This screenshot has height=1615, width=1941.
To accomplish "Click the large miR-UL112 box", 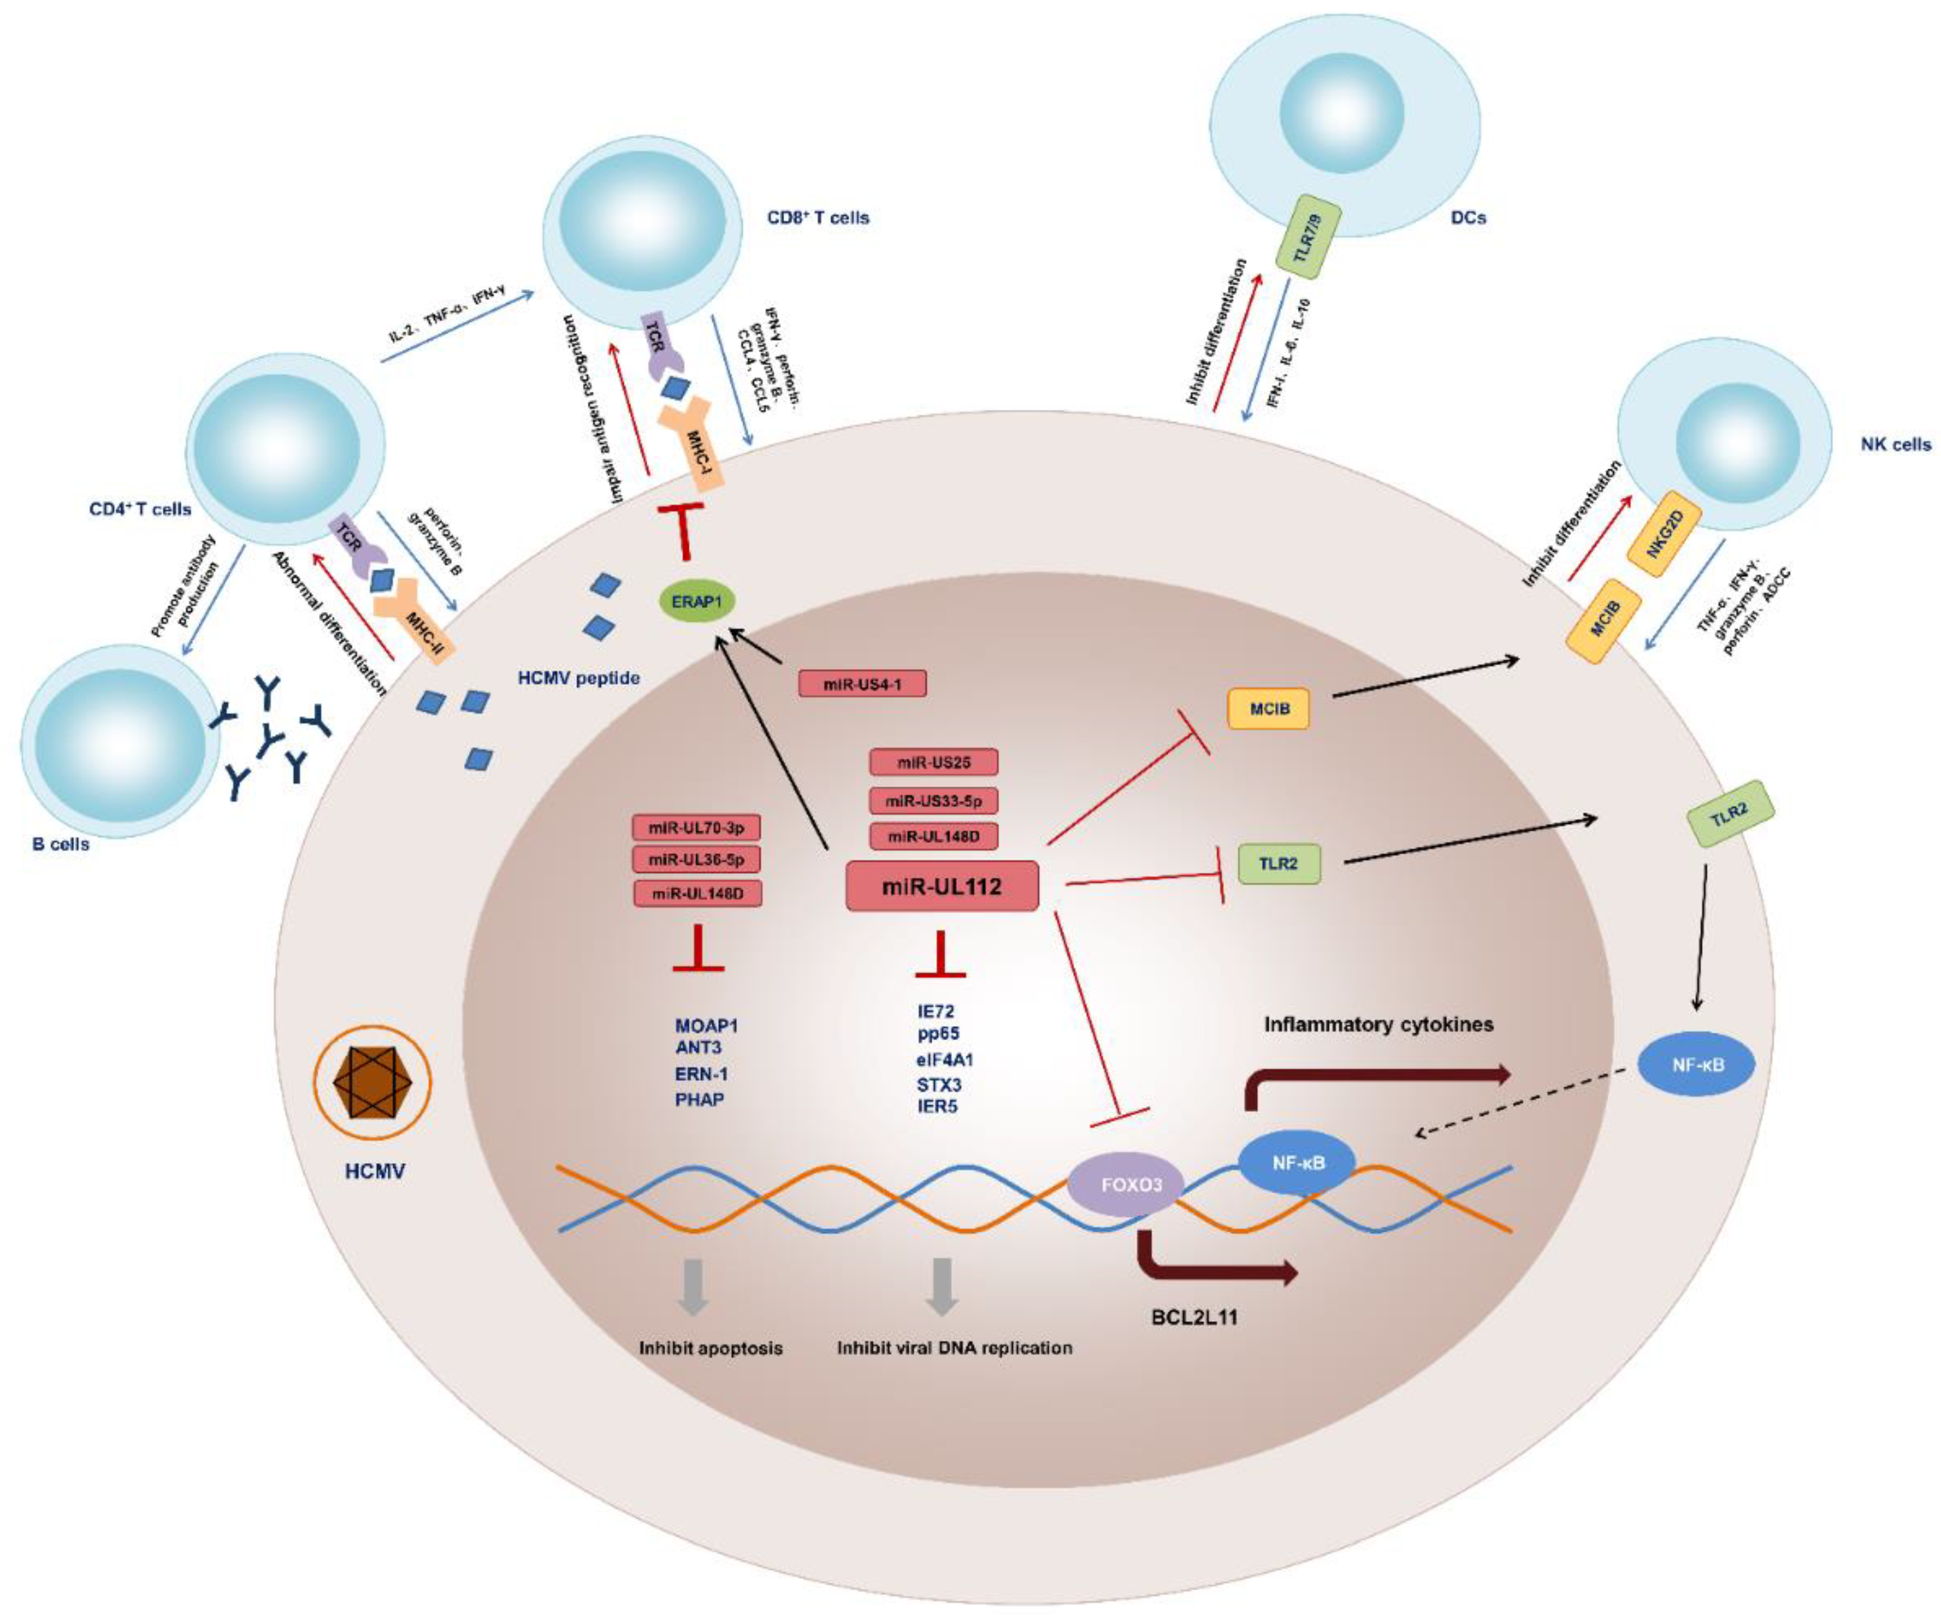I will [x=942, y=887].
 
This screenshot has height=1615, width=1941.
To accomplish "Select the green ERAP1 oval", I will [x=696, y=602].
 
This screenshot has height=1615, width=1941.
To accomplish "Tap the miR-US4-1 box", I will [x=861, y=684].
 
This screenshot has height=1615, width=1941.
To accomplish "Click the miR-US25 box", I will [x=933, y=762].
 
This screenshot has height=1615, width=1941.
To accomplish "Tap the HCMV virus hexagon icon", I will [x=373, y=1081].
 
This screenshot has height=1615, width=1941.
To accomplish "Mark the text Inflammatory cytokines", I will [x=1378, y=1024].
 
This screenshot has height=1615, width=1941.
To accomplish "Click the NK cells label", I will [x=1895, y=445].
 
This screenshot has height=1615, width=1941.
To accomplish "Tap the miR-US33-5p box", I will [x=933, y=801].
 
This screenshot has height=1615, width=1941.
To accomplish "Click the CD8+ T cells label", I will [x=818, y=218].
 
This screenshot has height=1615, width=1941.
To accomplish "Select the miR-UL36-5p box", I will [x=696, y=860].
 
